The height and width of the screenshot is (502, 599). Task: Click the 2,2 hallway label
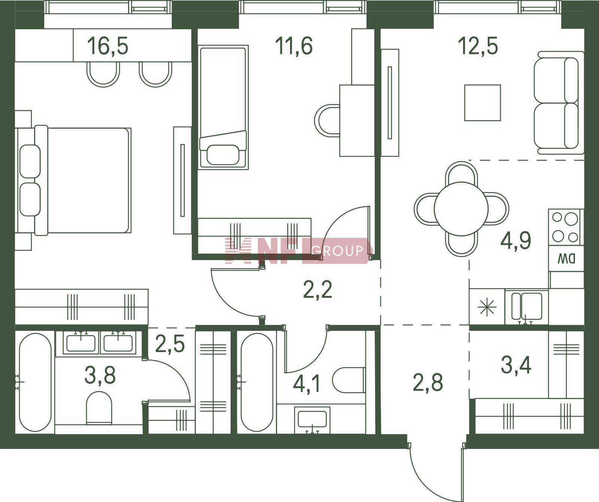tap(317, 290)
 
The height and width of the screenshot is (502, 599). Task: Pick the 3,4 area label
tap(516, 365)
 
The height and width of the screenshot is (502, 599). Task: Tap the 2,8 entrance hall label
tap(428, 383)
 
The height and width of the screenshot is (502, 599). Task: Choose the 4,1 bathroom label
tap(307, 384)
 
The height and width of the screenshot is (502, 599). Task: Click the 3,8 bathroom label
tap(100, 375)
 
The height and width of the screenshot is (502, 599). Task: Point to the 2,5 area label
tap(170, 345)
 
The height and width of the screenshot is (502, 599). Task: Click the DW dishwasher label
tap(566, 258)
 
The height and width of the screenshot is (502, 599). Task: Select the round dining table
tap(461, 209)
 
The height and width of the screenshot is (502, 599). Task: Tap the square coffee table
tap(483, 103)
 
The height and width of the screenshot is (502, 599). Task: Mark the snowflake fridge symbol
tap(487, 307)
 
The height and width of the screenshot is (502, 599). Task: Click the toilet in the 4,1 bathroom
tap(349, 380)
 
